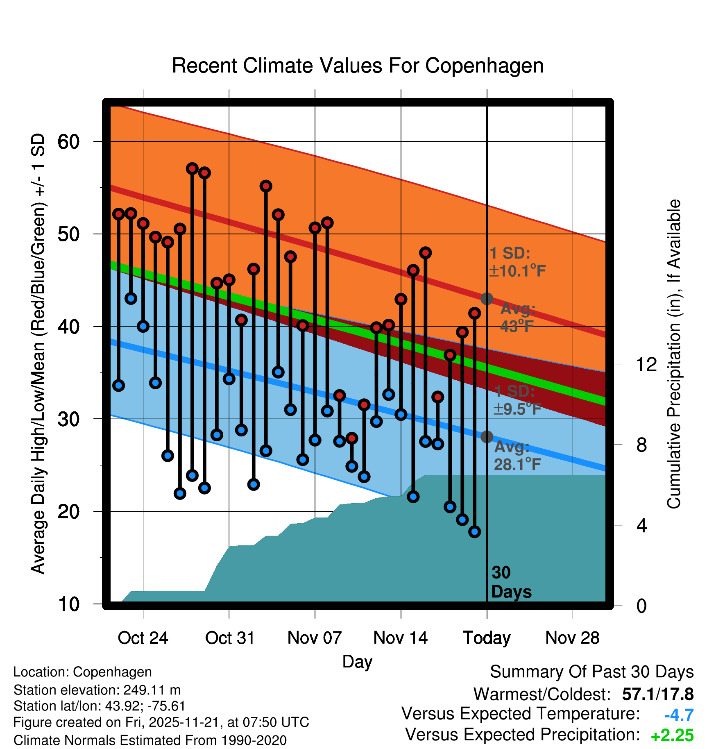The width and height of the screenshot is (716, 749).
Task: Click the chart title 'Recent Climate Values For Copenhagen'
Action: (358, 66)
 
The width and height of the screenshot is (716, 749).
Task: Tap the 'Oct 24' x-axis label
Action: (143, 638)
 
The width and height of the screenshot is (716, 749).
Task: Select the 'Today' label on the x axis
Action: (487, 638)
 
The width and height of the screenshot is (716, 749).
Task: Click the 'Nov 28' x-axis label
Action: (572, 638)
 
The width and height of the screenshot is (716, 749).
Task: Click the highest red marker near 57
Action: (192, 168)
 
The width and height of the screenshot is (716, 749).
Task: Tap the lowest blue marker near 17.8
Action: (474, 531)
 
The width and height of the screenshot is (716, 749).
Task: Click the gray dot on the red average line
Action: (487, 299)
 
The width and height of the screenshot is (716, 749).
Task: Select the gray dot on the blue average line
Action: (487, 437)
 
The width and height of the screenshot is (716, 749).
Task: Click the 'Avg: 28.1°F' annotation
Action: (517, 456)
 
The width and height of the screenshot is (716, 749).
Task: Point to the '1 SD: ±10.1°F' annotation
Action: (517, 262)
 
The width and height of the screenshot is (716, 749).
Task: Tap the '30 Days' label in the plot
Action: (511, 582)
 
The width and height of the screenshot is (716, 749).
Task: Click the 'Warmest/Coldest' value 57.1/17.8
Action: (657, 694)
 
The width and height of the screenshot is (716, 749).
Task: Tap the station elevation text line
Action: (97, 690)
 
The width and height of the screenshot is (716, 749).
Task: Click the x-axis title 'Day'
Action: (357, 662)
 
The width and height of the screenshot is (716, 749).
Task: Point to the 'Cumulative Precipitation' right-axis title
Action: (674, 354)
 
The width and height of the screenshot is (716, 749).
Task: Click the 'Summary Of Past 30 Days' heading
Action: (591, 672)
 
